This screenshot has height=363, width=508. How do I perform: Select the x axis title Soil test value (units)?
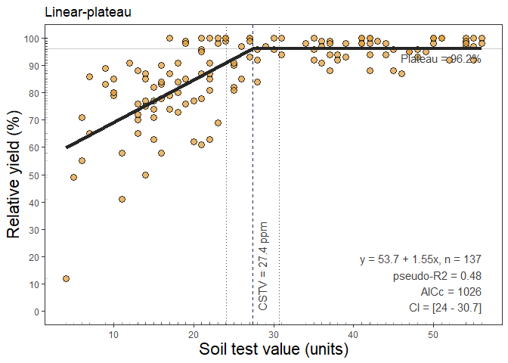tap(273, 349)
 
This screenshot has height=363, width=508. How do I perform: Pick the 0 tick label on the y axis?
tap(37, 312)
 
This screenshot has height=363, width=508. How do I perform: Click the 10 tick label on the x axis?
tap(113, 334)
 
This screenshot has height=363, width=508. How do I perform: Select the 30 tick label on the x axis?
tap(274, 334)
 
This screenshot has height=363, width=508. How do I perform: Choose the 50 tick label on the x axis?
tap(433, 334)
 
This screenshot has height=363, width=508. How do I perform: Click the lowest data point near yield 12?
tap(66, 278)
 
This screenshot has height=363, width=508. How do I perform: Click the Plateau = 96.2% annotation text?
tap(441, 58)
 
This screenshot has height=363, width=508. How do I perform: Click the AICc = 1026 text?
tap(451, 291)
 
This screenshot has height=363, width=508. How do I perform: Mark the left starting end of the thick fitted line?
tap(67, 147)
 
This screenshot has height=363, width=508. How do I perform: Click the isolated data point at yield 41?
tap(122, 200)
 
